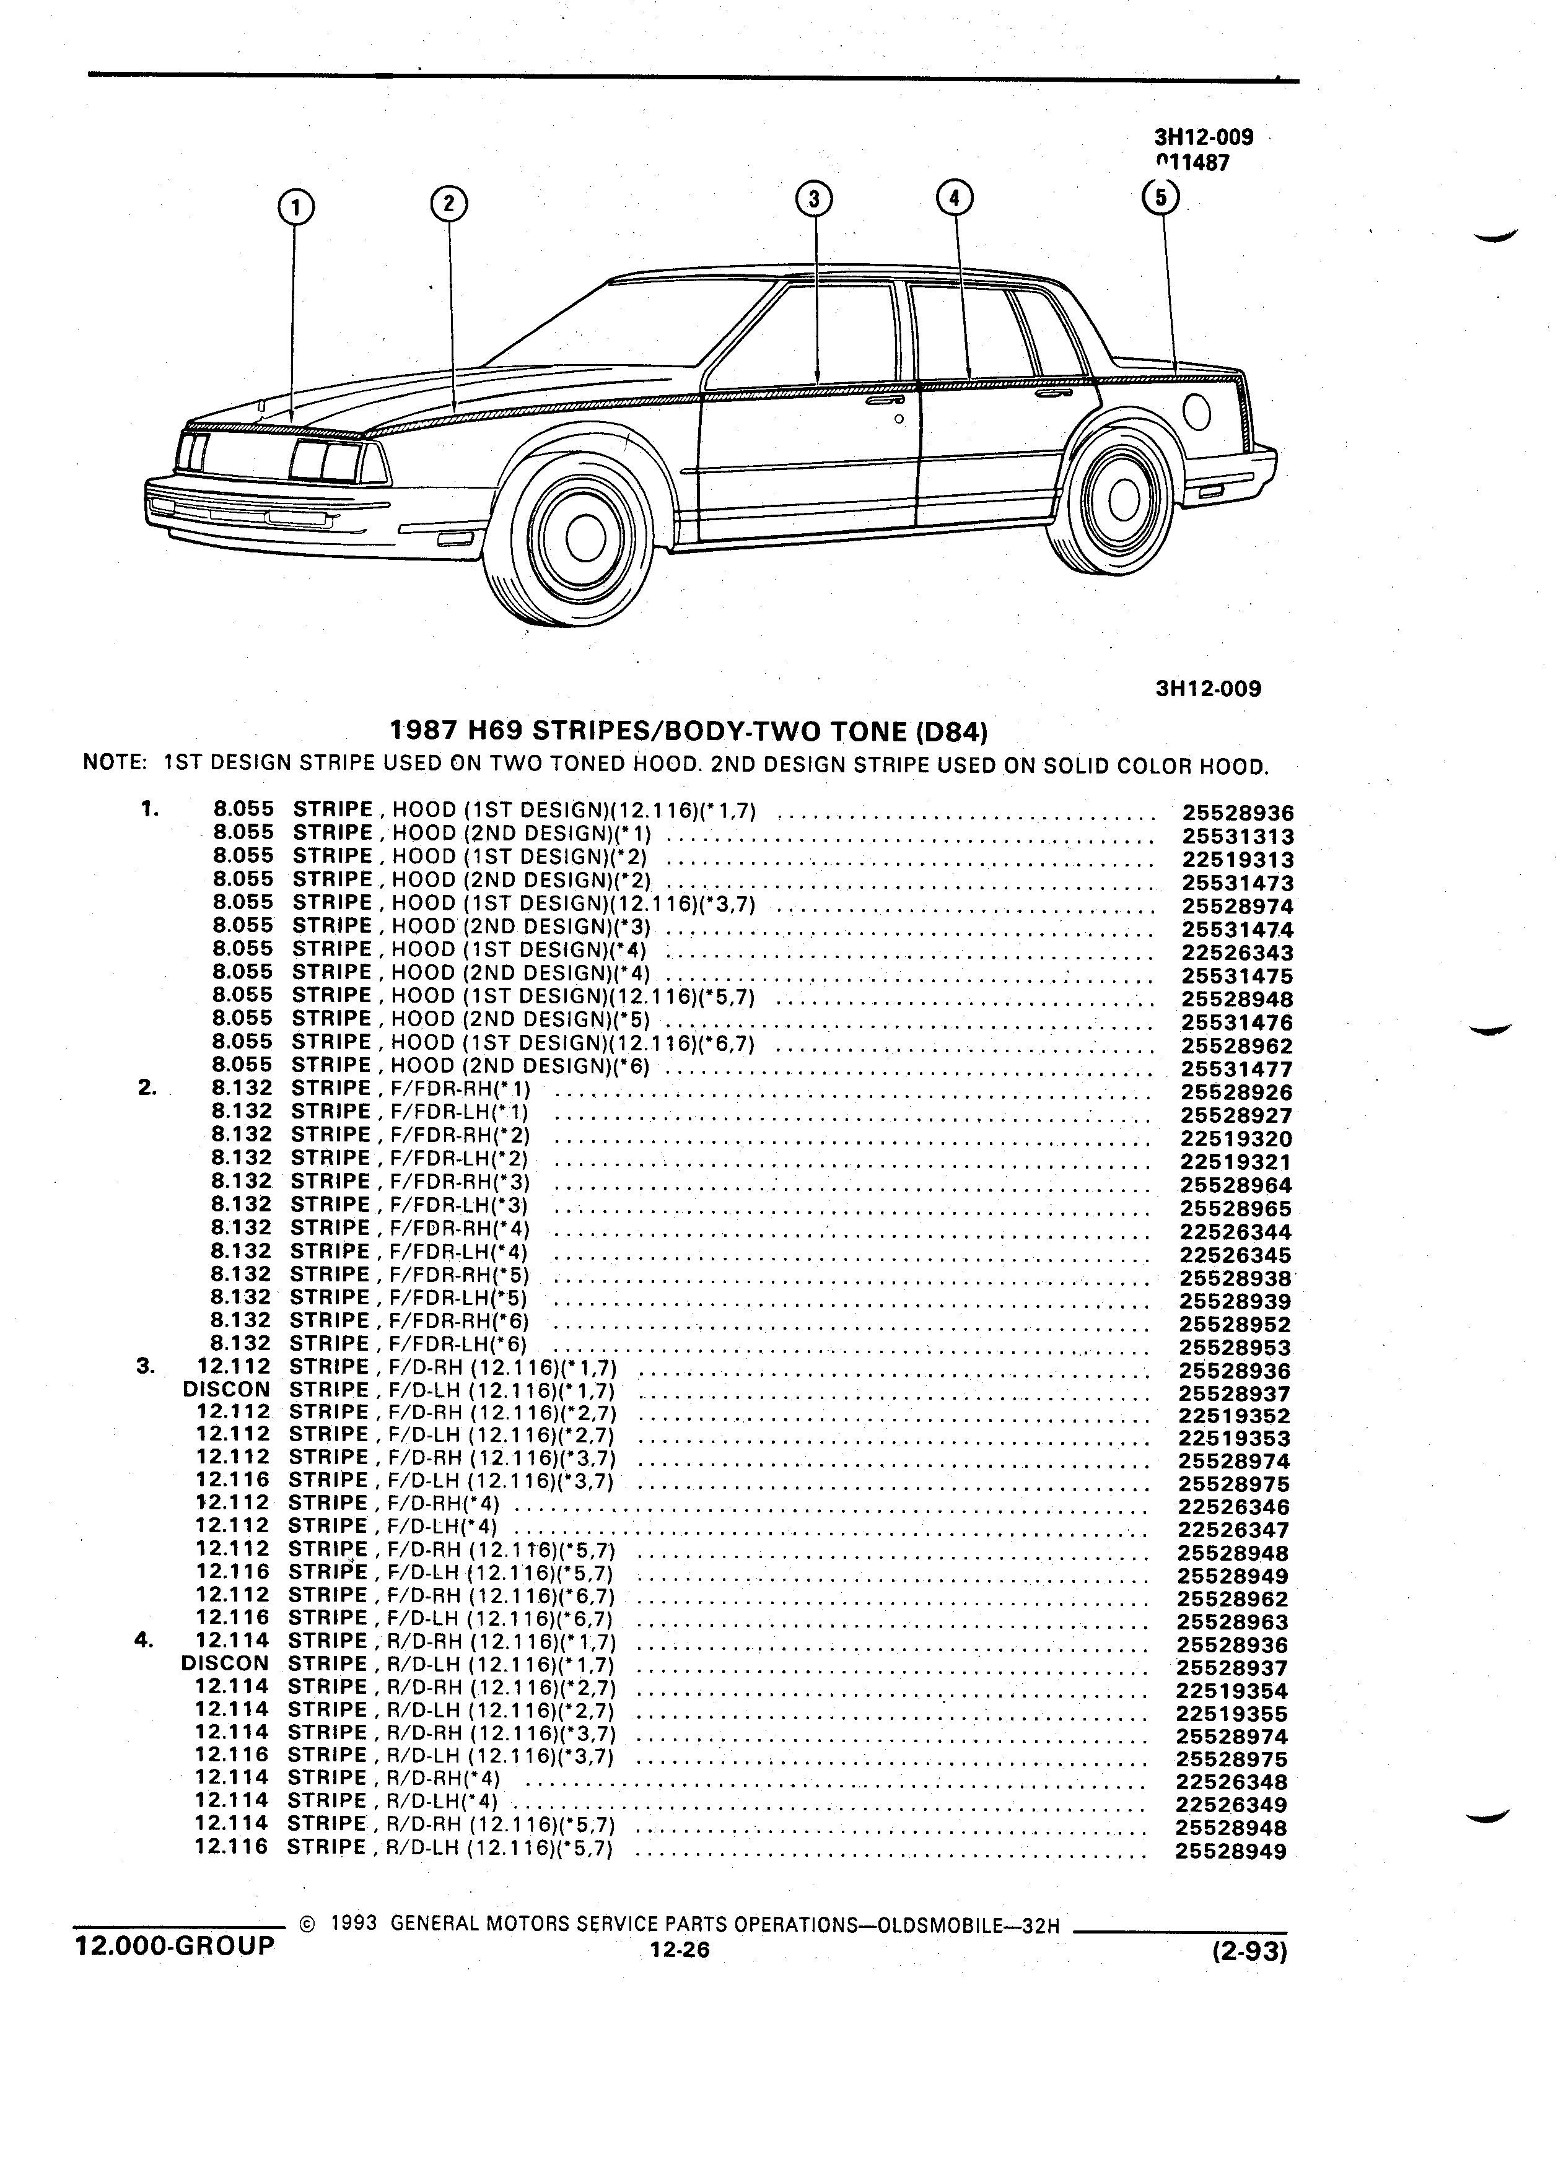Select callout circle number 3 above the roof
coord(814,199)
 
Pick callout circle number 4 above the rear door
coord(953,198)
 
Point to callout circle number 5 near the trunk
coord(1160,197)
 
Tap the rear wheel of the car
coord(1117,500)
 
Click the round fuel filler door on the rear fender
coord(1198,412)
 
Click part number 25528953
coord(1235,1348)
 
